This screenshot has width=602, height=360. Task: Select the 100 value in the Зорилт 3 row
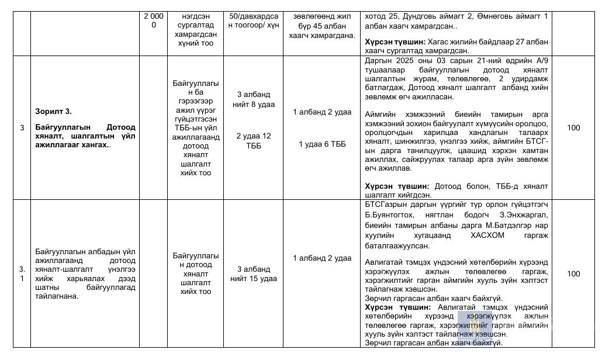click(x=573, y=128)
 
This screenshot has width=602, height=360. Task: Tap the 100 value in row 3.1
click(x=573, y=274)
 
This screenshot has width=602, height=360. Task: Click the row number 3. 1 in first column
click(x=22, y=274)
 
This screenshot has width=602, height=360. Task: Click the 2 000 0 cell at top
click(x=154, y=20)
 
